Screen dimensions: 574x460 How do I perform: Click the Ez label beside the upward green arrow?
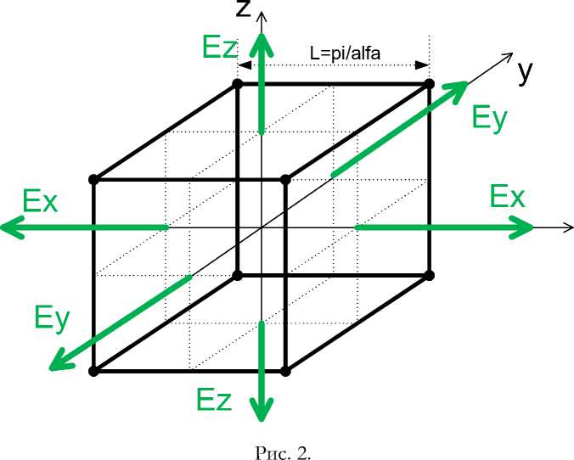pyautogui.click(x=220, y=48)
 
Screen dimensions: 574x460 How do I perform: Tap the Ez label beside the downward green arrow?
pyautogui.click(x=213, y=399)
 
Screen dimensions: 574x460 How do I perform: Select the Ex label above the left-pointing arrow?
pyautogui.click(x=40, y=202)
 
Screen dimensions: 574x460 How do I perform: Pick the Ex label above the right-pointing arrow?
pyautogui.click(x=507, y=197)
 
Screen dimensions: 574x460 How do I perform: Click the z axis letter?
pyautogui.click(x=245, y=10)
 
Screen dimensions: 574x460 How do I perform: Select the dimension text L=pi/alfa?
pyautogui.click(x=345, y=53)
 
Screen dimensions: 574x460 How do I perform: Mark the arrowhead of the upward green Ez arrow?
pyautogui.click(x=264, y=42)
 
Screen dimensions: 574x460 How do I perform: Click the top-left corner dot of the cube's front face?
pyautogui.click(x=93, y=179)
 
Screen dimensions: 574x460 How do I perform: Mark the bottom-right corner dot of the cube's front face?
pyautogui.click(x=285, y=371)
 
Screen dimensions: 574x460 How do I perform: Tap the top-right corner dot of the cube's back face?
pyautogui.click(x=429, y=83)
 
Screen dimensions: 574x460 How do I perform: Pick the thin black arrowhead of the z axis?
pyautogui.click(x=264, y=15)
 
